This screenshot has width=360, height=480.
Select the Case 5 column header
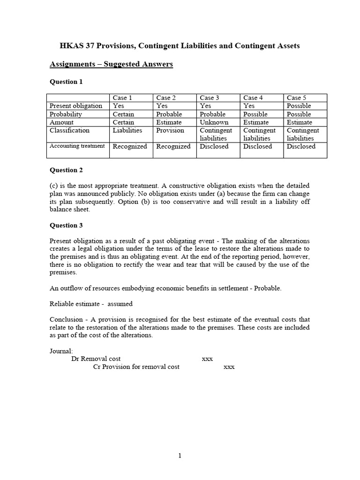(x=296, y=97)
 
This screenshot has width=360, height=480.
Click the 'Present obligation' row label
(x=76, y=106)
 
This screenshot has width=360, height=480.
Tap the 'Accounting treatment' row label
(x=77, y=146)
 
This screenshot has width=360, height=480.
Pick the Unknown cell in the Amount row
(x=214, y=122)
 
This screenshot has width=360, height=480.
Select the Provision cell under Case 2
(x=170, y=131)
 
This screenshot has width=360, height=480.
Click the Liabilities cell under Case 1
(x=127, y=131)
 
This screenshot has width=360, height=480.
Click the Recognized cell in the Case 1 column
(x=130, y=147)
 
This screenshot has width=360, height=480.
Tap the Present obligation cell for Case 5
(x=299, y=106)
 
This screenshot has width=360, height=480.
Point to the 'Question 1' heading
(x=66, y=82)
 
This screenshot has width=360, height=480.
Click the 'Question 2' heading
(x=66, y=170)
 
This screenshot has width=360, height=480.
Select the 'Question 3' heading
(x=66, y=225)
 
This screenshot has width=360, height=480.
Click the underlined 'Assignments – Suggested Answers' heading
(x=112, y=64)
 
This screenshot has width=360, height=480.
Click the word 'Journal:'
(x=61, y=351)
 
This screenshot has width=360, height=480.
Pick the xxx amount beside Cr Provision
(x=229, y=367)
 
